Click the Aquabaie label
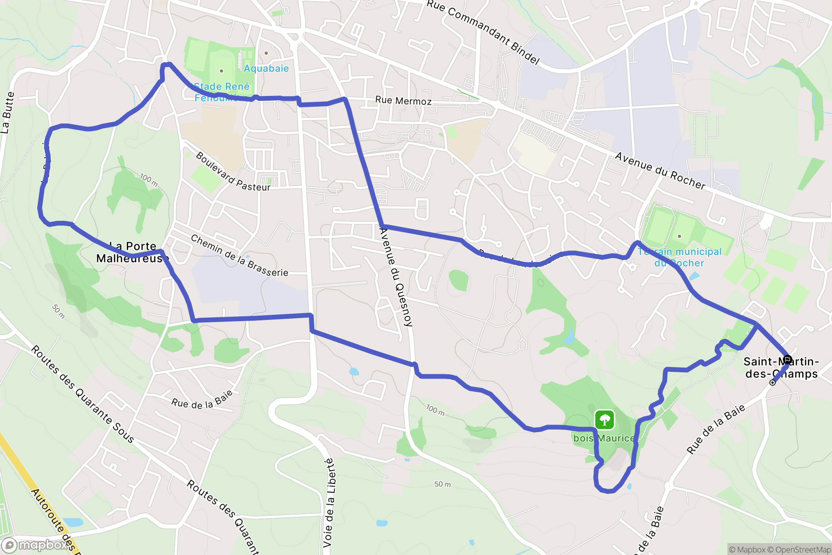coord(266,69)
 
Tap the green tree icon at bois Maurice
coord(604,420)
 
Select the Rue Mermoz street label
coord(403,101)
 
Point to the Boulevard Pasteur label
coord(233,172)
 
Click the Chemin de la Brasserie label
coord(239,255)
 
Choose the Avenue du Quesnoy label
coord(396,277)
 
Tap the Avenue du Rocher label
coord(660,171)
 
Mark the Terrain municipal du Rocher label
coord(679,257)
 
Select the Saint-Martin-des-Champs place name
coord(781,367)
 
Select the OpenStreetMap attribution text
coord(803,549)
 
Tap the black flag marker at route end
coord(787,360)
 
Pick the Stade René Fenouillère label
coord(221,92)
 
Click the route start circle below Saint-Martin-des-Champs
coord(772,383)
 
